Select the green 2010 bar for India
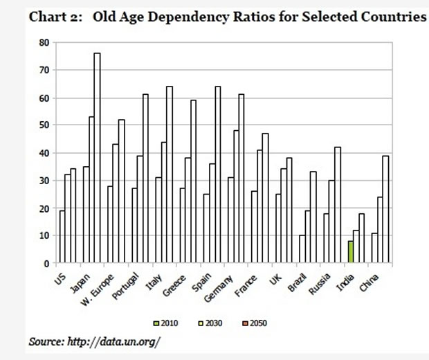coord(351,252)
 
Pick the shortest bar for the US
coord(62,237)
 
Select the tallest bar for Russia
coord(338,205)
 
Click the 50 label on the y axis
coord(44,125)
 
